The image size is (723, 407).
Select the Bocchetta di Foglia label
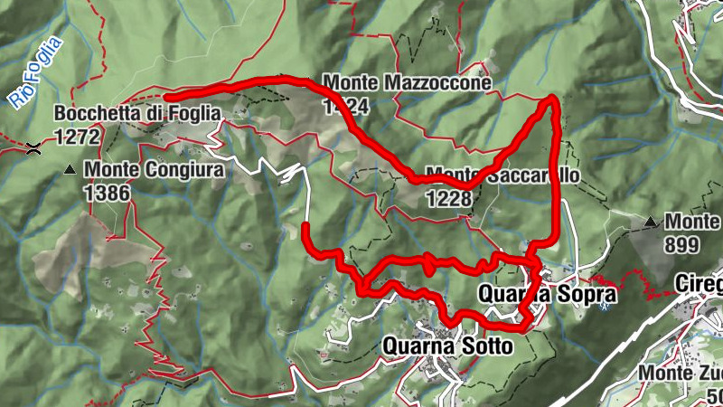[x=136, y=114]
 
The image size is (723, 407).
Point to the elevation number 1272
[x=78, y=136]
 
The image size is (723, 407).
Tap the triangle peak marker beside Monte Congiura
[x=70, y=169]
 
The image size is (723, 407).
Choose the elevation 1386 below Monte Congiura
[x=108, y=192]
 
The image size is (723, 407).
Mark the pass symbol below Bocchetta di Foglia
[x=34, y=147]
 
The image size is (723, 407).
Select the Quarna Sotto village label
[x=448, y=345]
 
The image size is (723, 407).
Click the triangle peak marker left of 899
[x=651, y=221]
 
